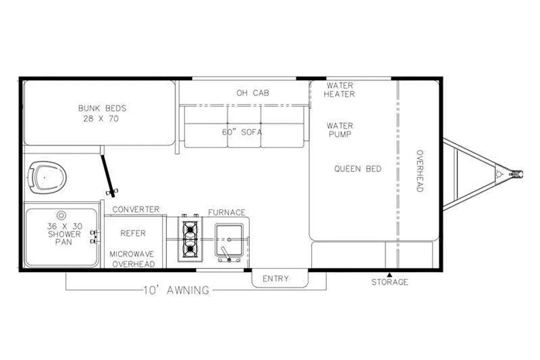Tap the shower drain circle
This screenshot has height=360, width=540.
(61, 215)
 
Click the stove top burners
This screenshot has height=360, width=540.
(190, 239)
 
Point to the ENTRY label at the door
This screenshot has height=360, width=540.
(276, 278)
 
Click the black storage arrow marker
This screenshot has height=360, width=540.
(389, 274)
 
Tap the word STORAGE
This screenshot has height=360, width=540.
(389, 282)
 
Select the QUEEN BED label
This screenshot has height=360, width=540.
(358, 169)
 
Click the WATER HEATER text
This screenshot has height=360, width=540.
(340, 89)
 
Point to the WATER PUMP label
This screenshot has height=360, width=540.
(340, 130)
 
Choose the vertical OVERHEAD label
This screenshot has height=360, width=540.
(420, 171)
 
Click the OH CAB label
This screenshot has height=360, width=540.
(253, 93)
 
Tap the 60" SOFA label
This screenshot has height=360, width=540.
(242, 132)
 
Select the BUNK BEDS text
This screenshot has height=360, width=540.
(102, 108)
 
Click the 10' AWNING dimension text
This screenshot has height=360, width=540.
(176, 290)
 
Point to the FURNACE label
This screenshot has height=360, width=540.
(227, 212)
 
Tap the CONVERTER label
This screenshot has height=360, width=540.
(136, 209)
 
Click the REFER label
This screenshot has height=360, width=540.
(133, 233)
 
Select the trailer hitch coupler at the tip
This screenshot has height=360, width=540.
(516, 174)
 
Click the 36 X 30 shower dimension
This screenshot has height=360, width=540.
(65, 226)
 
